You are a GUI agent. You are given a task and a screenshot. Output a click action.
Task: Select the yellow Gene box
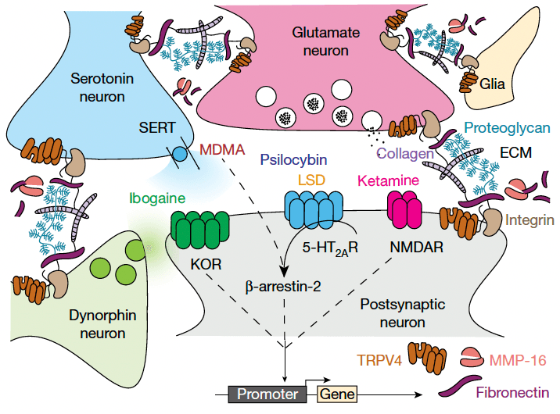tap(336, 394)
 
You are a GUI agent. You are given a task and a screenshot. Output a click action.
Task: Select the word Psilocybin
tap(294, 159)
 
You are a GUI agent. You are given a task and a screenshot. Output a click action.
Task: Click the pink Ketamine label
tap(388, 180)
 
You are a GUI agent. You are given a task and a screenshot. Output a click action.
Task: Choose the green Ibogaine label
tap(159, 198)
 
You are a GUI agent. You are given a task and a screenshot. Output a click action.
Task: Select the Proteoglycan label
tap(506, 128)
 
